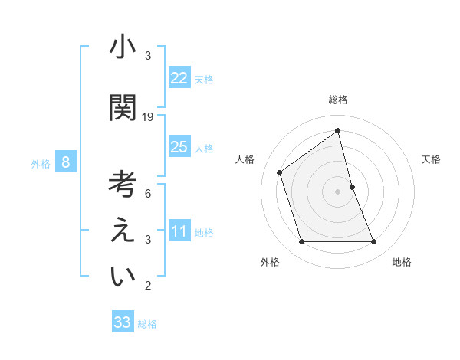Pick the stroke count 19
[x=148, y=117]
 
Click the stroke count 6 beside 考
[x=148, y=194]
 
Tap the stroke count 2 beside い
[x=148, y=286]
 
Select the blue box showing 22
[x=179, y=78]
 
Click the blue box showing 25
[x=179, y=147]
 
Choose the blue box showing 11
[x=179, y=231]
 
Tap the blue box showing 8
[x=66, y=162]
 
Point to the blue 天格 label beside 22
[x=204, y=80]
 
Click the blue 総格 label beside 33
[x=147, y=324]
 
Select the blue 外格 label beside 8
[x=41, y=164]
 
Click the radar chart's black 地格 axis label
[x=402, y=262]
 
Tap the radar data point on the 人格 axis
[x=280, y=172]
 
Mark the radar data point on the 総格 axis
[x=337, y=131]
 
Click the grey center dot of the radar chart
[x=337, y=191]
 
